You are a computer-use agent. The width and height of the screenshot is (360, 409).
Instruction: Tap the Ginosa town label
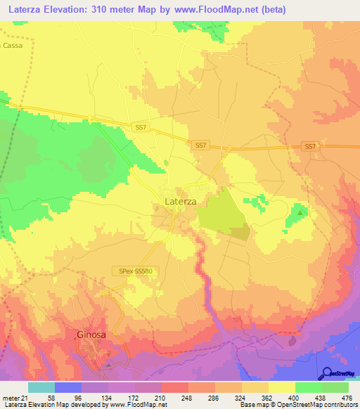tap(91, 335)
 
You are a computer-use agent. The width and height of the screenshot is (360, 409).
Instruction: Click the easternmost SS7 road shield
tap(310, 146)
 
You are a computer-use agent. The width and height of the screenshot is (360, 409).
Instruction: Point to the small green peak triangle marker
tap(301, 211)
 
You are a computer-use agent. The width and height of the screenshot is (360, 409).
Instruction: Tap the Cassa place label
tap(11, 45)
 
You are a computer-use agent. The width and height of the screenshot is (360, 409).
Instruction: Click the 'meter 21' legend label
tap(14, 398)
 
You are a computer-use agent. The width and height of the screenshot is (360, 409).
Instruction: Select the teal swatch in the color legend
tap(41, 387)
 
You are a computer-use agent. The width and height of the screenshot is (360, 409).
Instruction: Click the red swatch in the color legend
tap(174, 387)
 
